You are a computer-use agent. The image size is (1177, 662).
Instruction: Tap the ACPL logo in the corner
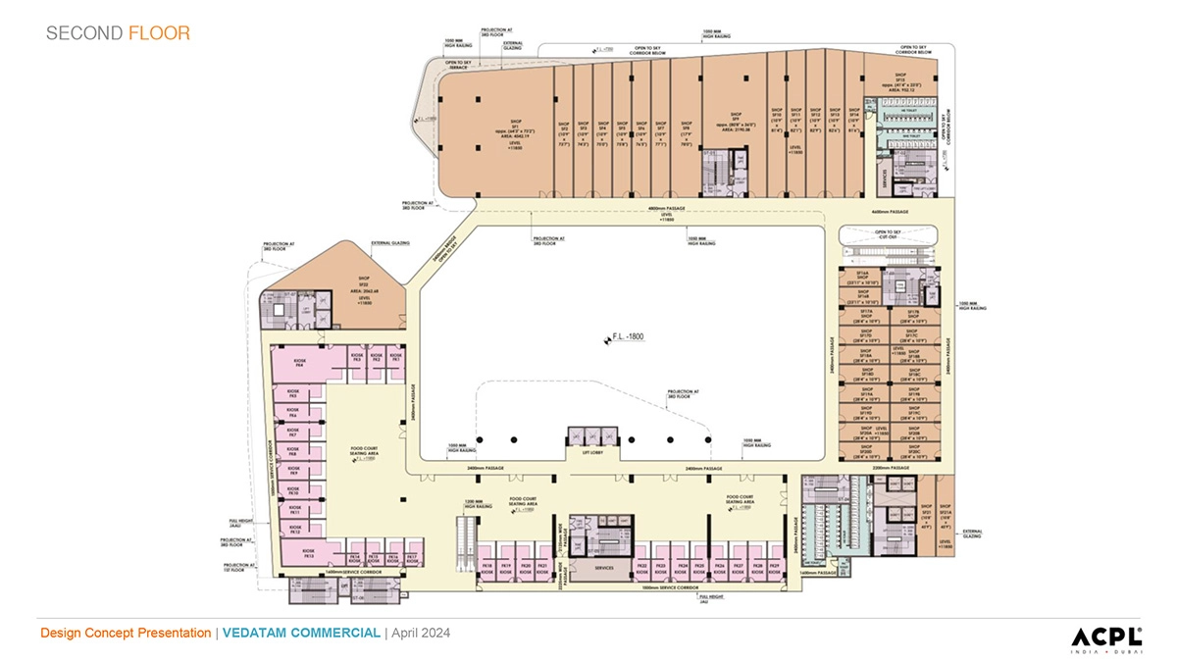coord(1105,636)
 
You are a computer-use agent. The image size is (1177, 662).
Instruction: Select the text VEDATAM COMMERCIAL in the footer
coord(301,634)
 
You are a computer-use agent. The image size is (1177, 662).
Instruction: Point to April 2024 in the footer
coord(421,634)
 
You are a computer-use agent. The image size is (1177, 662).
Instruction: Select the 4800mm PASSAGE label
coord(667,211)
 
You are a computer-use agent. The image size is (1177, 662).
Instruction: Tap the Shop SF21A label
coord(947,514)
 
